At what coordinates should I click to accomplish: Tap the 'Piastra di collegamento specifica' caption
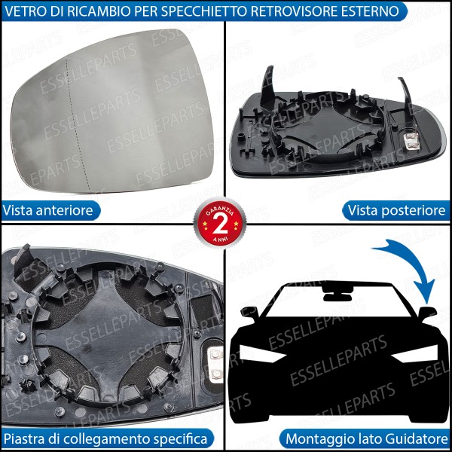pos(105,438)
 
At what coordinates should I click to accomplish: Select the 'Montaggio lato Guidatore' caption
pos(366,438)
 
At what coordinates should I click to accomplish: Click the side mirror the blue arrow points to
pos(427,312)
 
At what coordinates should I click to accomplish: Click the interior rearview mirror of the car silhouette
pos(331,289)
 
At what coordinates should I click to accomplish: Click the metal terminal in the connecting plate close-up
pos(215,362)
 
